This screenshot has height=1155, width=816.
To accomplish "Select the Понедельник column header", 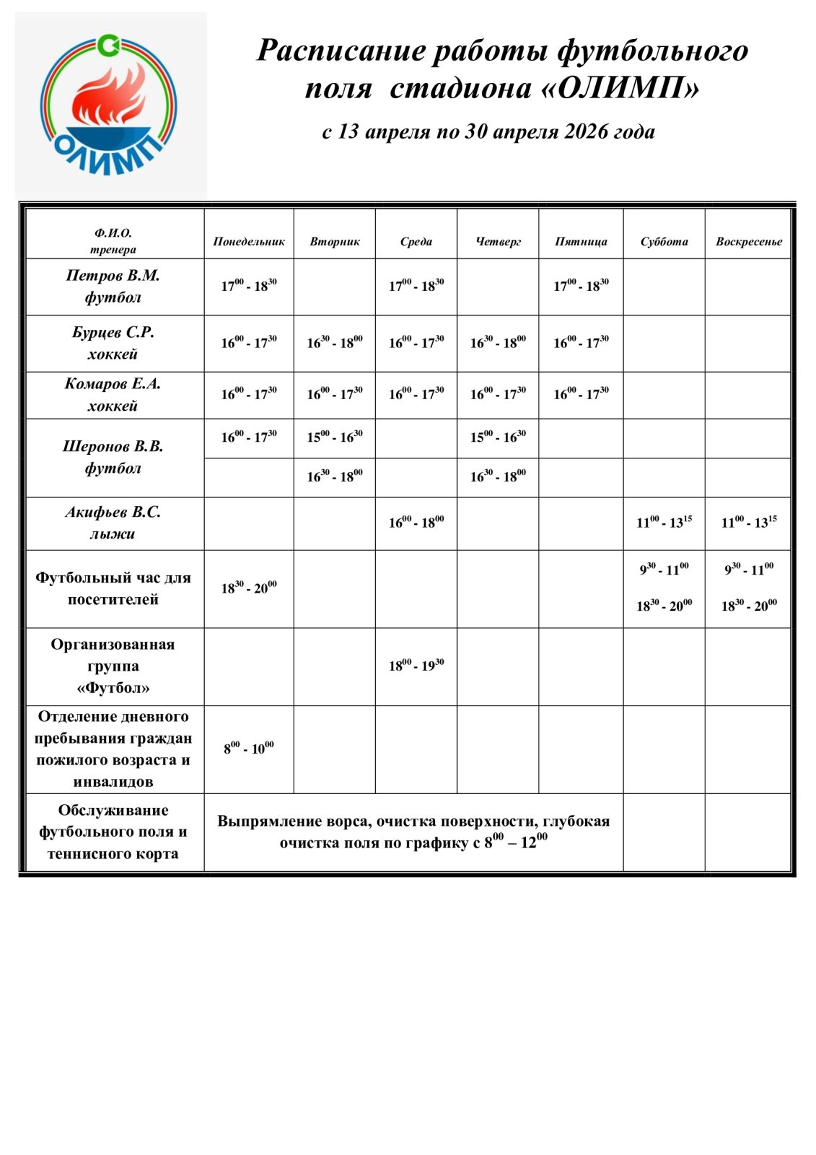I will coord(249,242).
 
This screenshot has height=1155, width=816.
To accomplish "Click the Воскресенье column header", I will coord(748,242).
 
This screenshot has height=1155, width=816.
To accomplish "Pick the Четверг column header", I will coord(498,242).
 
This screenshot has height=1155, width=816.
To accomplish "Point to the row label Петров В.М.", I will coord(113,276).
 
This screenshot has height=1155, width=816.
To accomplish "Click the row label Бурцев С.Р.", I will coord(113,333).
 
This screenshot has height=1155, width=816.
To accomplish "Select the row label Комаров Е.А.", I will coord(113,384).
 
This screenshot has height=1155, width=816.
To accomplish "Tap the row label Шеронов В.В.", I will coord(113,447).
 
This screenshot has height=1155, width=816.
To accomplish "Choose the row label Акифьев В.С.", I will coord(113,513).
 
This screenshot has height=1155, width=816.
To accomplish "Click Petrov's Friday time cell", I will coord(581,286).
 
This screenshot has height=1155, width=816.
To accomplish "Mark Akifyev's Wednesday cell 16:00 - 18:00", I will coord(416,523).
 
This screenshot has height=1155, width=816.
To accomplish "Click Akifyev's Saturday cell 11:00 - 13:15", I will coord(664,523).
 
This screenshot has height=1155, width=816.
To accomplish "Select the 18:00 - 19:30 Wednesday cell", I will coord(416,666).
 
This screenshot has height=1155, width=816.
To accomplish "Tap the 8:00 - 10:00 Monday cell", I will coord(249,749).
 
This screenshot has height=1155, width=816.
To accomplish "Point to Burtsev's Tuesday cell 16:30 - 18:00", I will coord(335,343).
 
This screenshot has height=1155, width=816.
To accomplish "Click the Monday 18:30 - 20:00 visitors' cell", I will coord(249,588).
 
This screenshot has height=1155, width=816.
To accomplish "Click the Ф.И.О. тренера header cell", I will coord(113,242).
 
